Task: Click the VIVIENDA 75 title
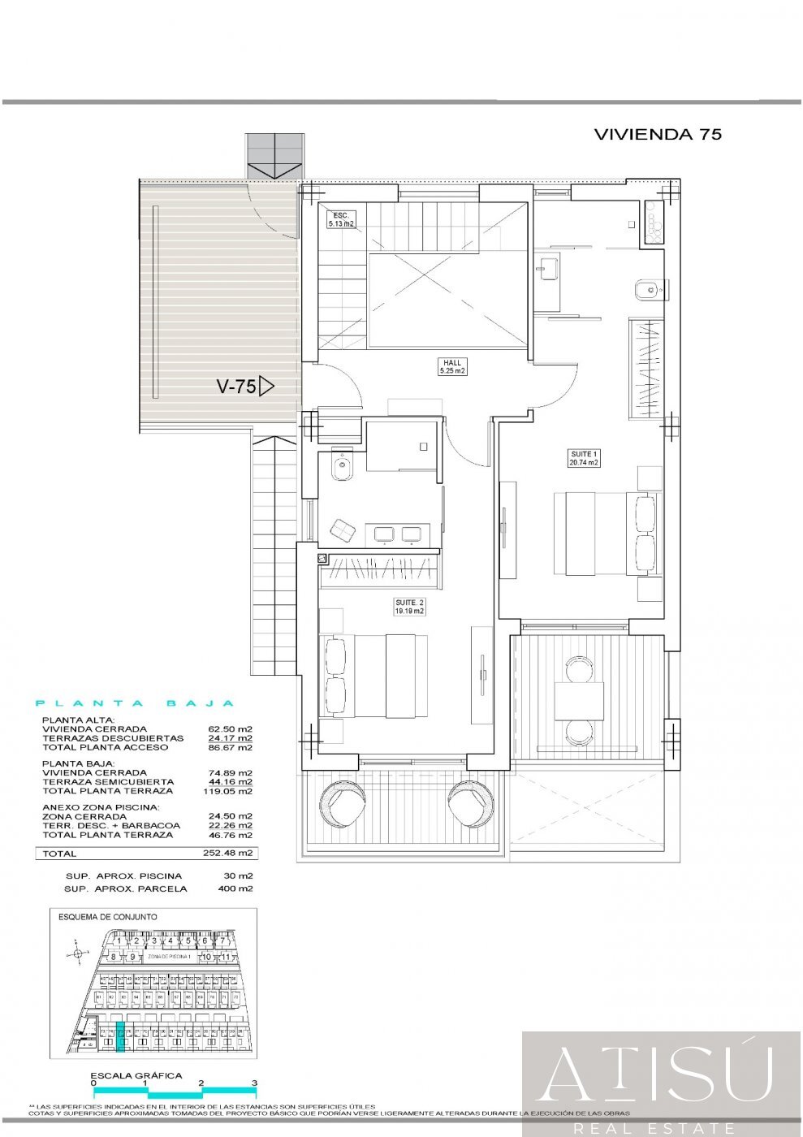(658, 135)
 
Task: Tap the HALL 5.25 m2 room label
(452, 367)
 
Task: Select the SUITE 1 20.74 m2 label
(583, 458)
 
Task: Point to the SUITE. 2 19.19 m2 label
(409, 607)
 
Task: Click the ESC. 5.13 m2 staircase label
(341, 218)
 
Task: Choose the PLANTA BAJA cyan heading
(136, 703)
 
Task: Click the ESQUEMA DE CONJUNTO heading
(108, 917)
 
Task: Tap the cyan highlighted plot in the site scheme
(120, 1037)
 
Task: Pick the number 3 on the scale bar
(254, 1083)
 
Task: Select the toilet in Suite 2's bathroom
(342, 467)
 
